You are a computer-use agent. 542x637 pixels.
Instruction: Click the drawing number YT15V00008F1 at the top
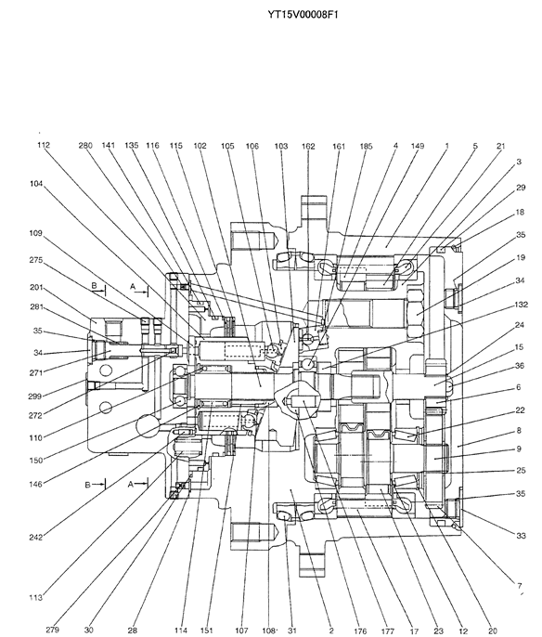coord(303,15)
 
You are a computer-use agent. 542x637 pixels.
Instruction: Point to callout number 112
coord(44,145)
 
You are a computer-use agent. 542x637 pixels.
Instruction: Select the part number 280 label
coord(85,145)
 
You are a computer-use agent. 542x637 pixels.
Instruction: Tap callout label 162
coord(308,146)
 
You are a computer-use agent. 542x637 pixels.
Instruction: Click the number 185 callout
coord(366,146)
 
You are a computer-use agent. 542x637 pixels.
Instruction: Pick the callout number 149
coord(418,146)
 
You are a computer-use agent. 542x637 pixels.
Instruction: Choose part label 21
coord(501,146)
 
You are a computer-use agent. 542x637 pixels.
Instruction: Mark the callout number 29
coord(521,188)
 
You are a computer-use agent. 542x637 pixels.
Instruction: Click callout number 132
coord(521,305)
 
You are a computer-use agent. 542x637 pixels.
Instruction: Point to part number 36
coord(520,366)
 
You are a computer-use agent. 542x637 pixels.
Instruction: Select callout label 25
coord(521,470)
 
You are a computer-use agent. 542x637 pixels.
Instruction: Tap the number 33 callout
coord(521,536)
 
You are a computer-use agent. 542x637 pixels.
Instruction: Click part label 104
coord(36,184)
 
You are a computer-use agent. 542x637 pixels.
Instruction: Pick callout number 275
coord(35,260)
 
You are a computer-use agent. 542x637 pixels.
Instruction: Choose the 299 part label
coord(35,396)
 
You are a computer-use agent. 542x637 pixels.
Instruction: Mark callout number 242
coord(35,538)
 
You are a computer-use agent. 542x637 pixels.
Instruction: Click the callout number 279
coord(52,630)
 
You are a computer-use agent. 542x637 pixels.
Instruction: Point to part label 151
coord(207,630)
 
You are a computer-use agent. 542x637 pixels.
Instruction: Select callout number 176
coord(360,630)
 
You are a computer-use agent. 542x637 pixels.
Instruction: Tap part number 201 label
coord(36,287)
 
